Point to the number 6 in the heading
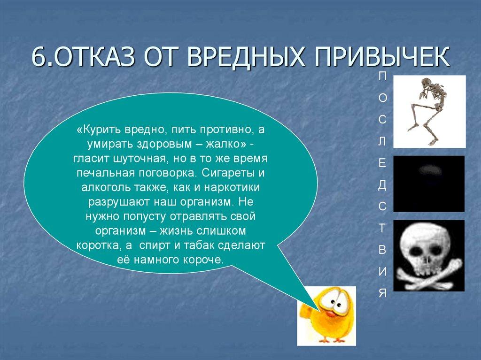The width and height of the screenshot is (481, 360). coord(38,58)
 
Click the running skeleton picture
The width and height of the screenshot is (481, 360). coord(429,111)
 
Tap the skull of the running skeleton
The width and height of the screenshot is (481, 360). coord(425,84)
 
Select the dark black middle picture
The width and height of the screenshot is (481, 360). coord(428,184)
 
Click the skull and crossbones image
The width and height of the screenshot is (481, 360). coord(428,255)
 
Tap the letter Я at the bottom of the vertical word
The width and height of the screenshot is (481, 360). coord(382,294)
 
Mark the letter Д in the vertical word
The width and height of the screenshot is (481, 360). coord(382,185)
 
